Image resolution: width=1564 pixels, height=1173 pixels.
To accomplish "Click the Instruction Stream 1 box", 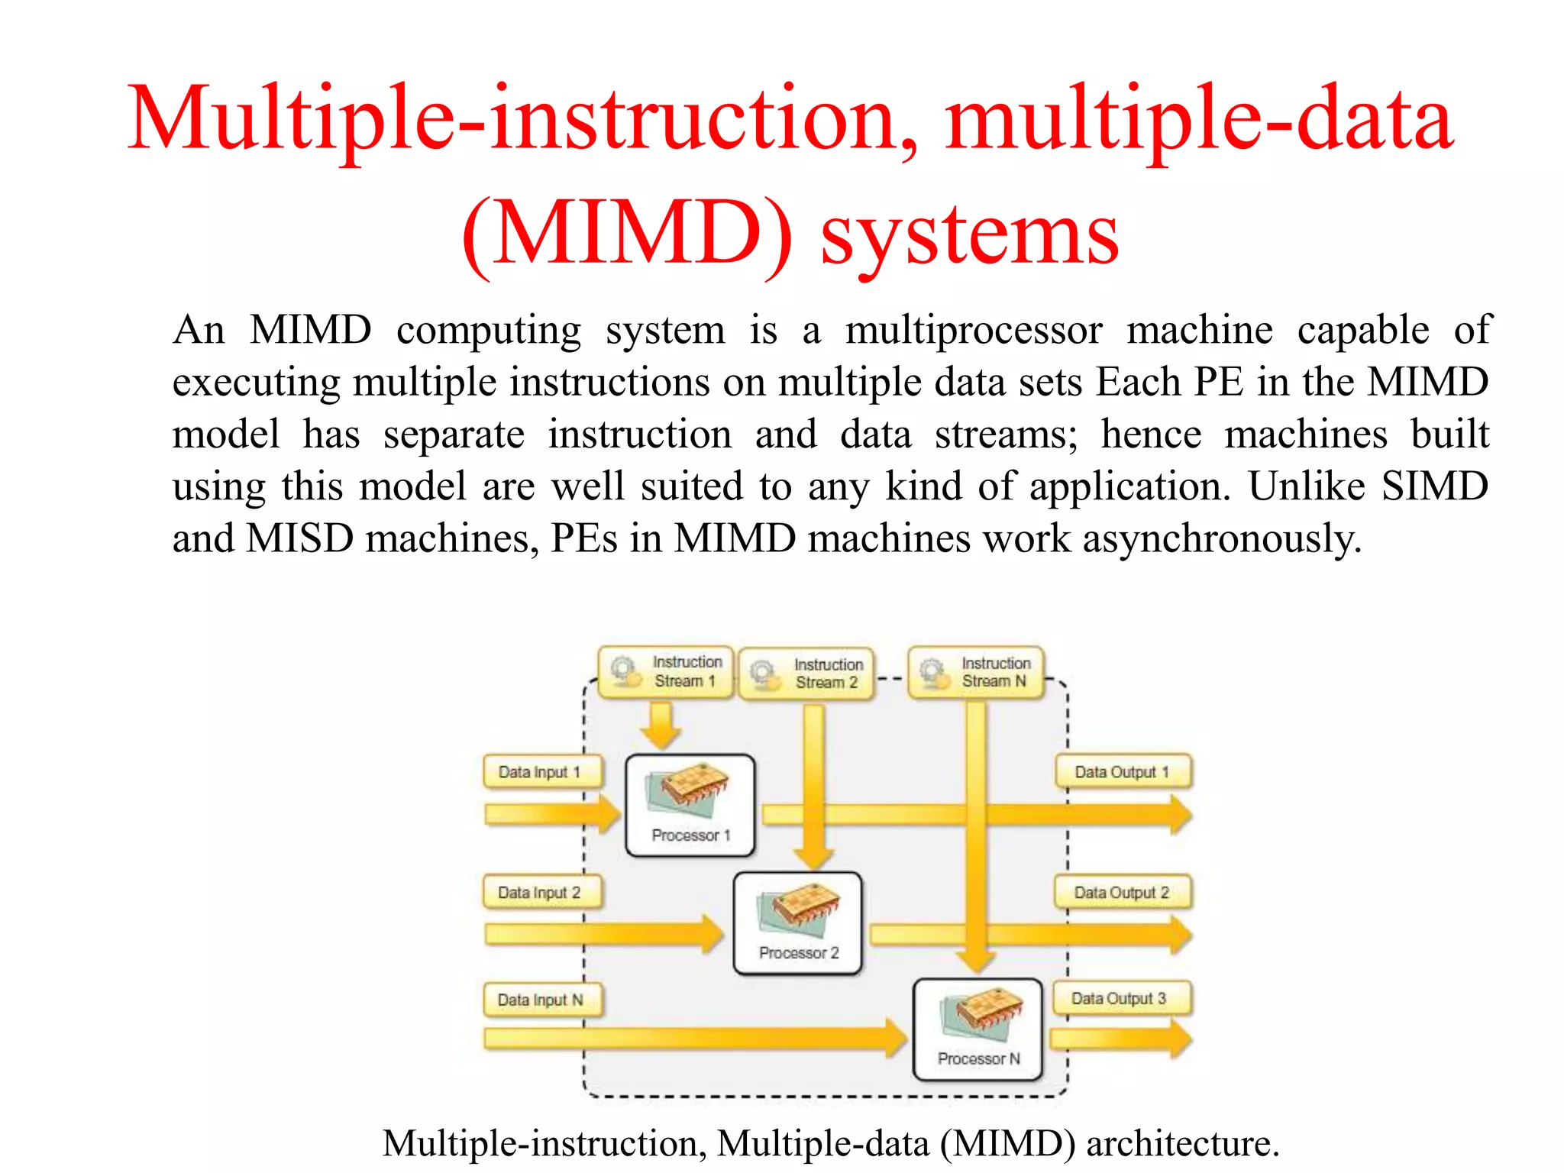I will click(x=665, y=672).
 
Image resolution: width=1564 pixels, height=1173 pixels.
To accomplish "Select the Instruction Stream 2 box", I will click(x=806, y=674).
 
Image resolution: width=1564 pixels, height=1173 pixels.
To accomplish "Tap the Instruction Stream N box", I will click(x=975, y=673).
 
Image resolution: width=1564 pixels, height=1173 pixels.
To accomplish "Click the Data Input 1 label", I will click(x=541, y=772).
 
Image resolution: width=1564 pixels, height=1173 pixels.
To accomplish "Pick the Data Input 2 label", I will click(x=541, y=892).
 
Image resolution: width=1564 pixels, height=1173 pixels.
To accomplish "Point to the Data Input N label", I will click(x=541, y=1000).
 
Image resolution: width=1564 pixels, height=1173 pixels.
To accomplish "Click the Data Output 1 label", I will click(x=1122, y=772).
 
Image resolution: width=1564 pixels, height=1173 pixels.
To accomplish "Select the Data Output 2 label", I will click(x=1122, y=892).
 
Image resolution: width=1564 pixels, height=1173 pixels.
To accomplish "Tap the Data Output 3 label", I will click(x=1120, y=998).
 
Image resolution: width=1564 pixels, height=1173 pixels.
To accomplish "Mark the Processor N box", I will click(x=978, y=1029).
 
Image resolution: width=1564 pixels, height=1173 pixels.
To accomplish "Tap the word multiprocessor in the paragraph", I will click(x=973, y=331).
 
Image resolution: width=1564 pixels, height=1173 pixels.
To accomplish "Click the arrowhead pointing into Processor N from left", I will click(x=895, y=1038).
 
